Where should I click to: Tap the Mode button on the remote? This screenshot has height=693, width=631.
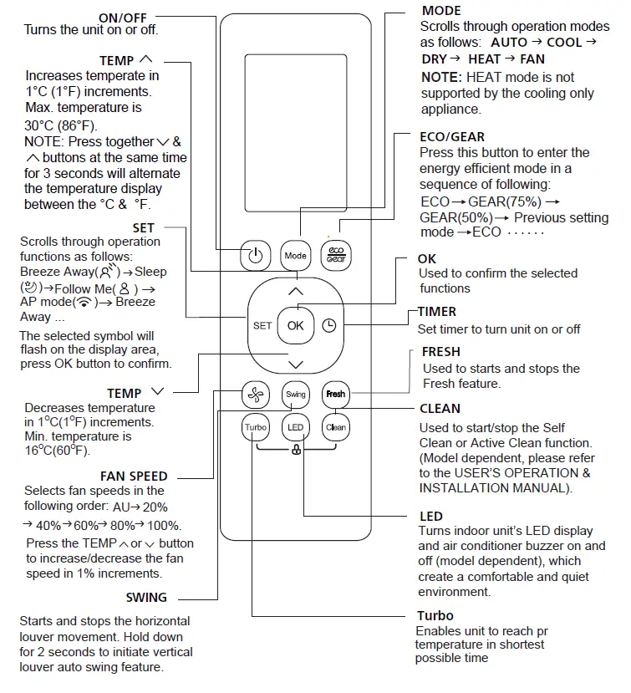[295, 256]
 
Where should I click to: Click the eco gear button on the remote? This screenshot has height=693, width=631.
[335, 256]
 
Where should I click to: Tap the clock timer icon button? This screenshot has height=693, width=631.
[328, 326]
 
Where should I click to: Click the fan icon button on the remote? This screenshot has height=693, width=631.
[255, 394]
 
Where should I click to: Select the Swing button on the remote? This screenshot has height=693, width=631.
[296, 394]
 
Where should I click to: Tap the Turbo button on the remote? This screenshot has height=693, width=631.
[255, 427]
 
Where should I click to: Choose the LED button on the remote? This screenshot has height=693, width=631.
[296, 427]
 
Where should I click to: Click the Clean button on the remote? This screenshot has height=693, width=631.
[335, 427]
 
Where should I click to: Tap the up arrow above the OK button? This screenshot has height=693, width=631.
[295, 292]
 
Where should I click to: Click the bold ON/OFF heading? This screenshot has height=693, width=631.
[128, 18]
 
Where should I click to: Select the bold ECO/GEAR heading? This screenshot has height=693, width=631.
[451, 136]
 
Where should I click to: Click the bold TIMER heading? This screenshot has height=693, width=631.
[437, 312]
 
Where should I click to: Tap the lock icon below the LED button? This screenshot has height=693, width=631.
[296, 451]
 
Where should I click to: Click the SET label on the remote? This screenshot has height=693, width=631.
[262, 326]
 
